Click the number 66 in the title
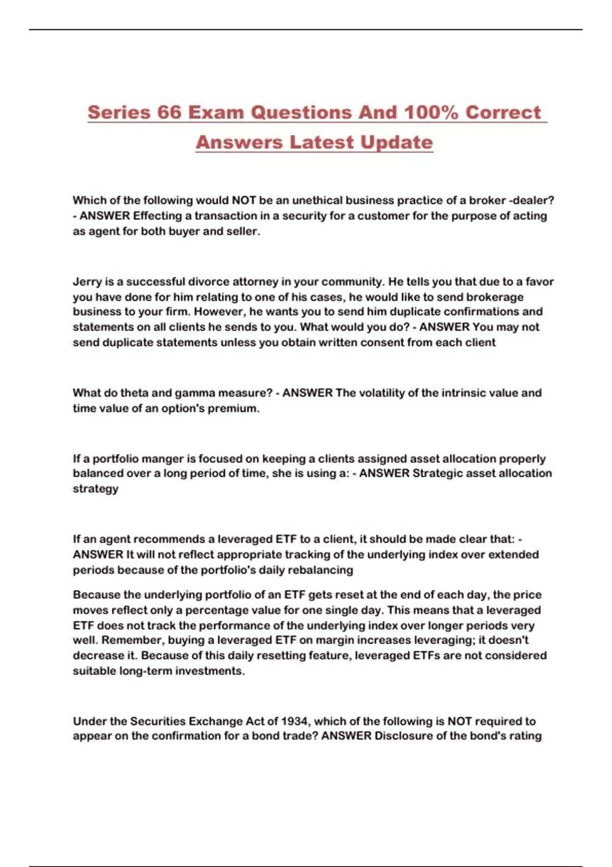coord(169,113)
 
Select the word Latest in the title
coord(320,142)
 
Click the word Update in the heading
coord(396,142)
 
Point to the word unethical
coord(317,200)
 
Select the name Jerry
coord(87,282)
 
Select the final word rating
coord(526,736)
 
